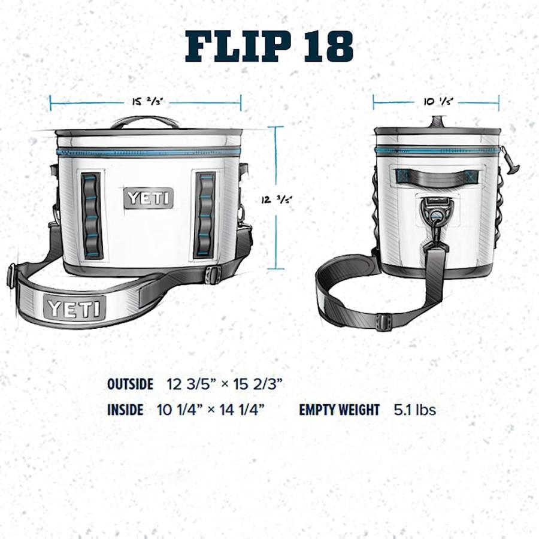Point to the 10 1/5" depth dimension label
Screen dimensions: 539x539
pos(438,102)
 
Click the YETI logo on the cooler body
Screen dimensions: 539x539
pos(149,198)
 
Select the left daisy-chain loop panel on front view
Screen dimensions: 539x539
pos(92,216)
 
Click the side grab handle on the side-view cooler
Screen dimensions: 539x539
pos(436,176)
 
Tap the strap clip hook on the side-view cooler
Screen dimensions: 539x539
pos(437,212)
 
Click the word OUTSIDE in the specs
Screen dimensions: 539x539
pos(130,384)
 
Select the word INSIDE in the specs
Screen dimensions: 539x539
pos(125,410)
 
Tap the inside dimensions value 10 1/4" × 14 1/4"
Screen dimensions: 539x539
pos(211,410)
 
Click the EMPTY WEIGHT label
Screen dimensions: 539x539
pos(340,410)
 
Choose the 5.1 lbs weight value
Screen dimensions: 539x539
pos(414,410)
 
